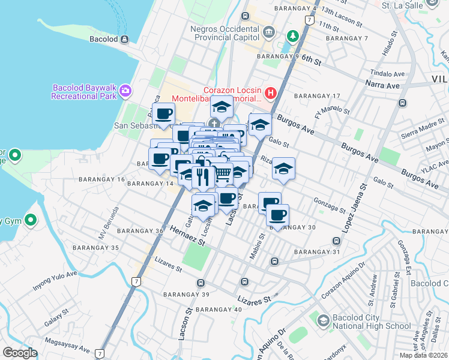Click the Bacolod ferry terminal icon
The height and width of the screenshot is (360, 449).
point(125,40)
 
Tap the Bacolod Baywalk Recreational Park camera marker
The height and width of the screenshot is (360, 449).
point(125,91)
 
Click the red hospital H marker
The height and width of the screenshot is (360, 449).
point(270,93)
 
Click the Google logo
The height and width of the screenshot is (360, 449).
point(20,353)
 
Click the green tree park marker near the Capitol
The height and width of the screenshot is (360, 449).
point(293,35)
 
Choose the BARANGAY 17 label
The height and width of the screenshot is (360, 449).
point(318,96)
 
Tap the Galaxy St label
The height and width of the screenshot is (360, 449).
point(61,316)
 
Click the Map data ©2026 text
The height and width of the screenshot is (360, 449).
point(423,355)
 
